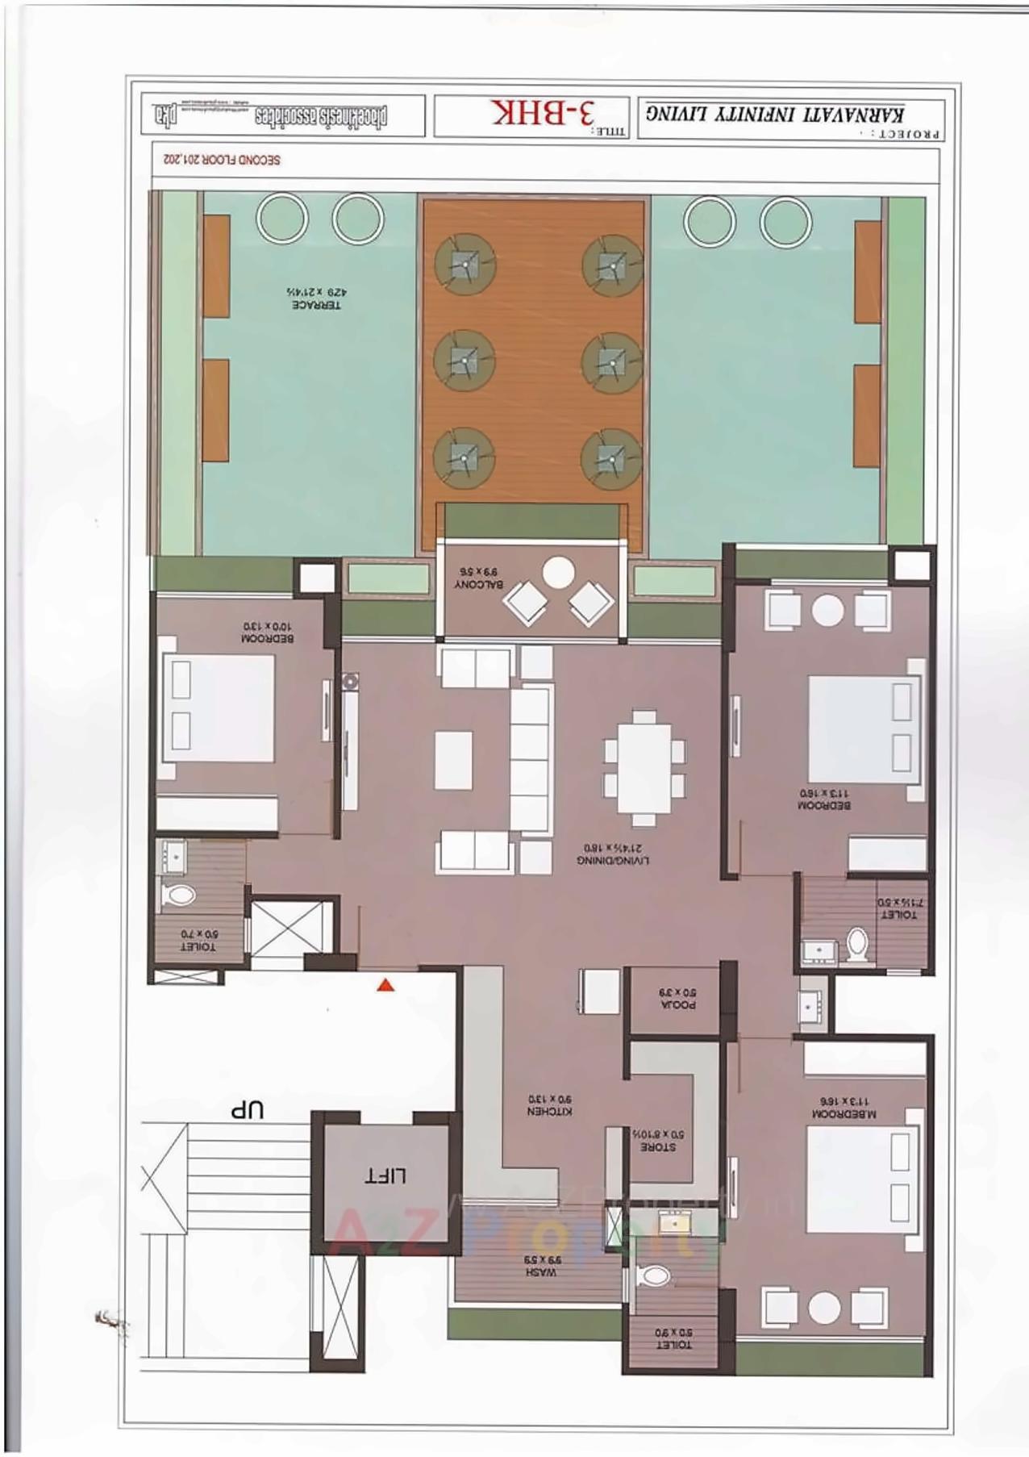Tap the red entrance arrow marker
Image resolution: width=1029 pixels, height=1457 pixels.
(386, 984)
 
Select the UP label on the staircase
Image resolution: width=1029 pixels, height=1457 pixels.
(248, 1110)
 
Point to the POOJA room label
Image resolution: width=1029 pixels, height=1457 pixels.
(678, 999)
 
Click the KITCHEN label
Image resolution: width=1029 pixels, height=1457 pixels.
(550, 1105)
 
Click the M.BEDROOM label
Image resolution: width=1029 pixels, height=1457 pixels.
(844, 1108)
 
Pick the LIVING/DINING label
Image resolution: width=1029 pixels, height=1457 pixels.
(614, 854)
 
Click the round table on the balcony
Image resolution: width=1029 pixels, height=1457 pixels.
(558, 573)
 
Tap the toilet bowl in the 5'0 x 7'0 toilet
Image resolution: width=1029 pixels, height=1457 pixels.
(180, 895)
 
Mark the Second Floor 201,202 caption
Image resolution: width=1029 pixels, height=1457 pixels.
(222, 160)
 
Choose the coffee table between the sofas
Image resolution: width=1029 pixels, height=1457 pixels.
(453, 760)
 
